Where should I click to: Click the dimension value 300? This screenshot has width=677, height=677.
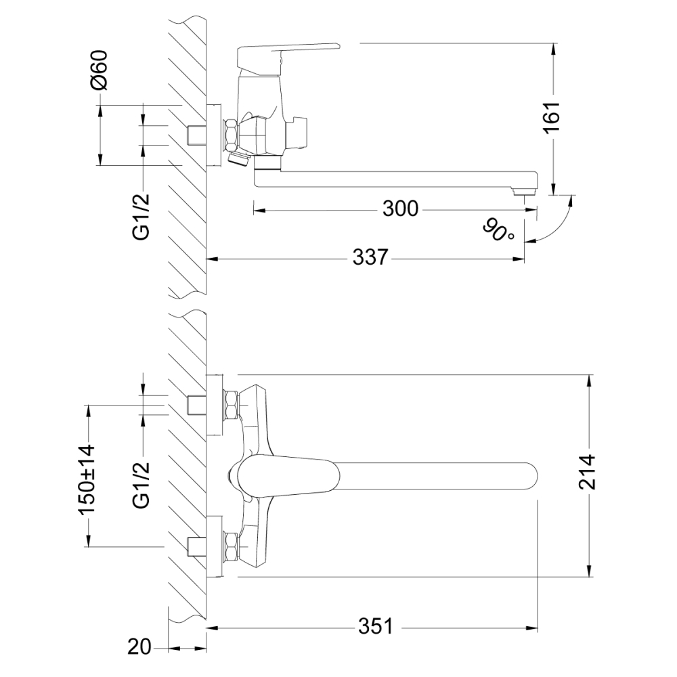401,209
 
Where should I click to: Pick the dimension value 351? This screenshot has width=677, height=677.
376,627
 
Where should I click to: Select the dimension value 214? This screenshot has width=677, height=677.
590,474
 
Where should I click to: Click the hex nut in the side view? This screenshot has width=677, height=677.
230,135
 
